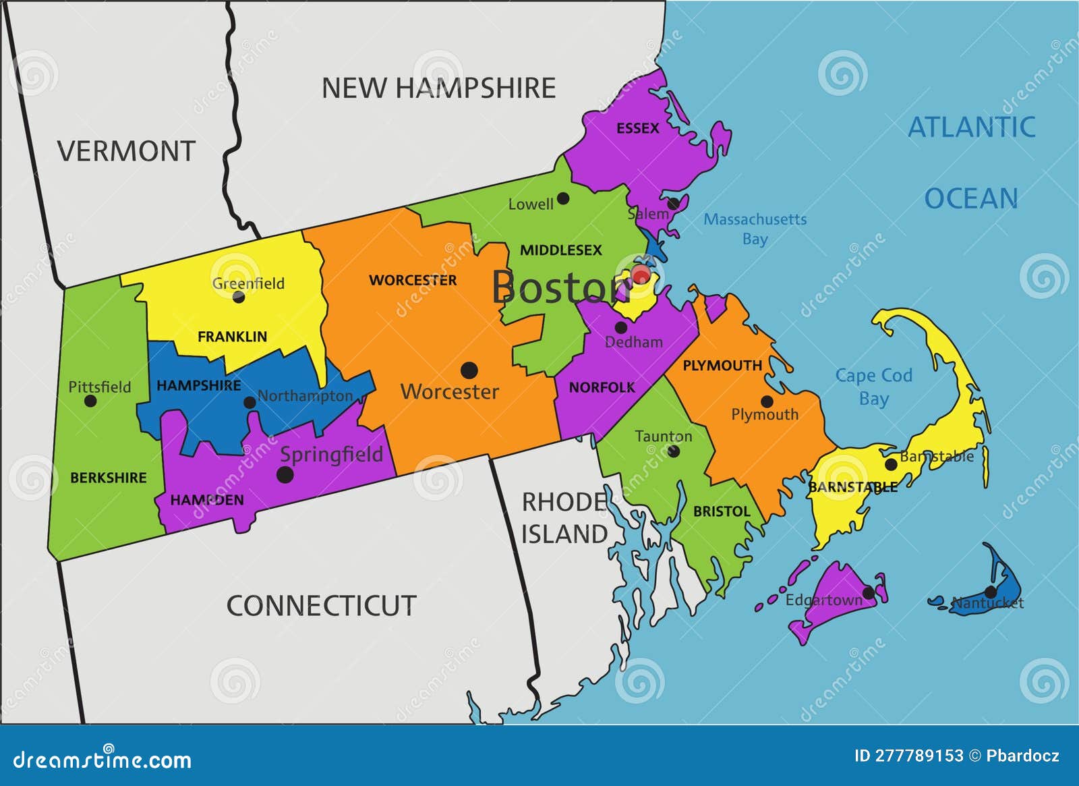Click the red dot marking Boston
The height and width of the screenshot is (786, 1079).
640,275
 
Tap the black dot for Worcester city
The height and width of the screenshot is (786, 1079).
469,370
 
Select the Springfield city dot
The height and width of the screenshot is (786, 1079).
285,474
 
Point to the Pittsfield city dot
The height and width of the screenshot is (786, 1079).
90,401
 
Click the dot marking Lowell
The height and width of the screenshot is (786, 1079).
563,198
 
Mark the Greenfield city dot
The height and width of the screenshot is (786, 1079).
238,297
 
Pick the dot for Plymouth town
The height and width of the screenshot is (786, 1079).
767,401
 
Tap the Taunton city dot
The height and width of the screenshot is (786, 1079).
673,451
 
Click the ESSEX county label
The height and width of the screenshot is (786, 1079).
637,128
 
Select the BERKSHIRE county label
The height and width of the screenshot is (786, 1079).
109,478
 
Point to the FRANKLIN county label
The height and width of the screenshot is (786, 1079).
232,336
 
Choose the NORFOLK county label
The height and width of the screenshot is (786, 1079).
602,387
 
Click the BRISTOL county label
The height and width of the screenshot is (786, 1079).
722,511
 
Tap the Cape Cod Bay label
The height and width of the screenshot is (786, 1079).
873,387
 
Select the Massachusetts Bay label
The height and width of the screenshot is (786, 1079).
755,229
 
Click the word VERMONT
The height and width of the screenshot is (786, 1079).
126,151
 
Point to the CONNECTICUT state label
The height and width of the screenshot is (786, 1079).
321,605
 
